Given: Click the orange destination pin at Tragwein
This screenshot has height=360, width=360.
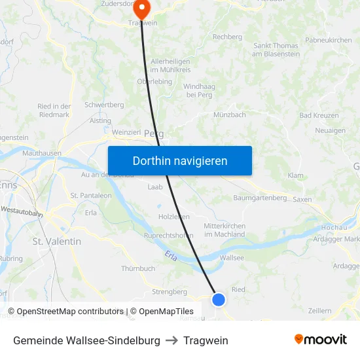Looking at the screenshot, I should point(141,9).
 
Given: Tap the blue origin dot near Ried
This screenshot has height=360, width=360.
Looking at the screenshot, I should point(219,299).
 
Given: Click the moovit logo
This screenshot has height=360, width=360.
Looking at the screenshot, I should point(321,340).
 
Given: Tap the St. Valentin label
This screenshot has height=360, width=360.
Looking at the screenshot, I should point(57,241).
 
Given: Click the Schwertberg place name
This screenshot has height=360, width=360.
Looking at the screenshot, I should point(104,105).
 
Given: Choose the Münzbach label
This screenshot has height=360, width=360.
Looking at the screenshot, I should point(230,115).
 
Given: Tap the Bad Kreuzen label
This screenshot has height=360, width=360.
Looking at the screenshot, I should point(319,115).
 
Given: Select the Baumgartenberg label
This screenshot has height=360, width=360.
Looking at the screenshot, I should point(260,198).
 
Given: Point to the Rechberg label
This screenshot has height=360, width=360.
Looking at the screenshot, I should point(227,37).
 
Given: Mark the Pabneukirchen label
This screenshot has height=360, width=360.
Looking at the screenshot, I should point(329,40).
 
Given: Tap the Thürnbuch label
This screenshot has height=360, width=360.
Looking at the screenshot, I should point(138,268).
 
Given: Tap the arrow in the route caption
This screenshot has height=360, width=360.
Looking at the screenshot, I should point(171,340).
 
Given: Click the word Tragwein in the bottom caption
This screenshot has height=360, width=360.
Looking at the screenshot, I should point(206,340).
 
